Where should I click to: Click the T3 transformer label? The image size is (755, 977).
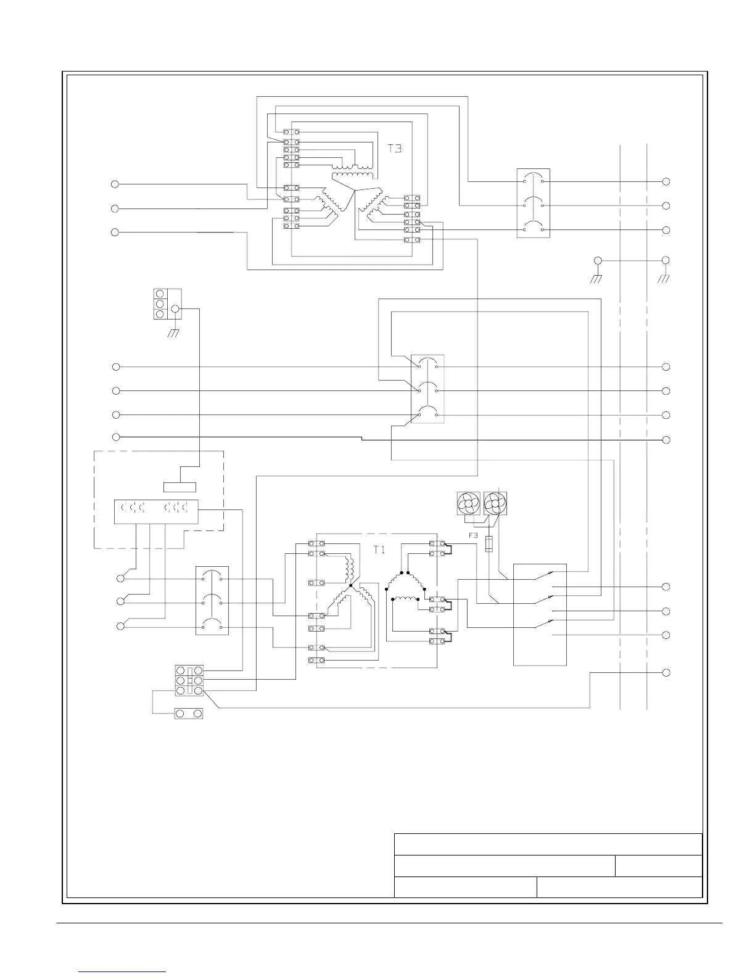pyautogui.click(x=395, y=149)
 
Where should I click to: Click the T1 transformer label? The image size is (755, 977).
pyautogui.click(x=379, y=549)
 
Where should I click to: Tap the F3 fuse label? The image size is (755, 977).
pyautogui.click(x=473, y=535)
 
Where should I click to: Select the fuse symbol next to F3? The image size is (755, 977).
pyautogui.click(x=489, y=544)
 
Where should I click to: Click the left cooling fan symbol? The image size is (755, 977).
pyautogui.click(x=468, y=503)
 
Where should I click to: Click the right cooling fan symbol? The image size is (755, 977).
pyautogui.click(x=495, y=503)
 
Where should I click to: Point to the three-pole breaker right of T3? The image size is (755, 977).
pyautogui.click(x=533, y=204)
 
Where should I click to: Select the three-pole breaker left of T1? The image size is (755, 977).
pyautogui.click(x=212, y=600)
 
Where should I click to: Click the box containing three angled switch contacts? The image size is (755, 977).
pyautogui.click(x=540, y=614)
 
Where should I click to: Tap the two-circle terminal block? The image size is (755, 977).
pyautogui.click(x=189, y=713)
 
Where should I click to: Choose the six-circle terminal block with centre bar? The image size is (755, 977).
pyautogui.click(x=189, y=680)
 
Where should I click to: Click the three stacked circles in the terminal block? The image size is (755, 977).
pyautogui.click(x=160, y=304)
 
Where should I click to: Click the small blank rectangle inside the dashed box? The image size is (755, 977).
pyautogui.click(x=179, y=487)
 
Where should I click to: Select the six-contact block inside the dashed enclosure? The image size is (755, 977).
pyautogui.click(x=156, y=512)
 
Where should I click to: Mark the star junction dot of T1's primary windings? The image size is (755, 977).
pyautogui.click(x=350, y=586)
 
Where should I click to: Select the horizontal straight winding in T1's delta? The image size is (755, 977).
pyautogui.click(x=403, y=598)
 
